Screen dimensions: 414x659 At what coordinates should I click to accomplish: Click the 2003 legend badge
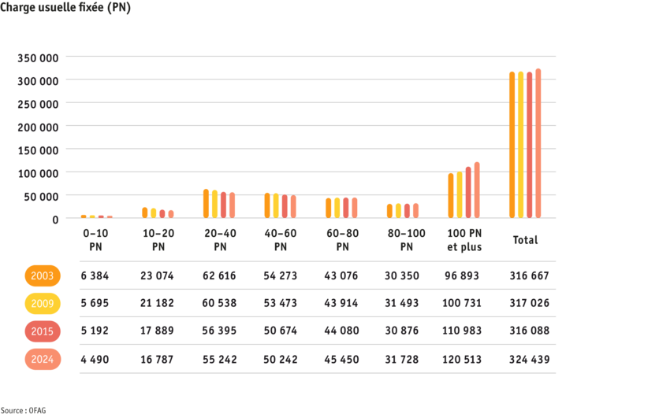click(x=43, y=276)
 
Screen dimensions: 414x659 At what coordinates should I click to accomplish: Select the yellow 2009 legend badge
click(x=43, y=304)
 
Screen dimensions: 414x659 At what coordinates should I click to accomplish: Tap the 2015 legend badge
click(x=43, y=331)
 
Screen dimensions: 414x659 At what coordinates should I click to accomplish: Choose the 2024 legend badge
click(x=43, y=359)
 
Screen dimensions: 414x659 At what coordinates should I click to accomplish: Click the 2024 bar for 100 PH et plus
click(x=477, y=190)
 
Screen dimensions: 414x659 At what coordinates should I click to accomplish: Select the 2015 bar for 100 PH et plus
click(x=468, y=192)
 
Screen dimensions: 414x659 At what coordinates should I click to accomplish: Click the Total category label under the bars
click(x=525, y=240)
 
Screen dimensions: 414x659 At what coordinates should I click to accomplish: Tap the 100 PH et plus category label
click(x=464, y=240)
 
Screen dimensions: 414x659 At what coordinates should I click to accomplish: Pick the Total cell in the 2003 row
click(x=530, y=276)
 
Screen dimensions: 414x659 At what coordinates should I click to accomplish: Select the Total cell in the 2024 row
click(x=530, y=359)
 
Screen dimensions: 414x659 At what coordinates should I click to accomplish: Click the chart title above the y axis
click(x=65, y=9)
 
